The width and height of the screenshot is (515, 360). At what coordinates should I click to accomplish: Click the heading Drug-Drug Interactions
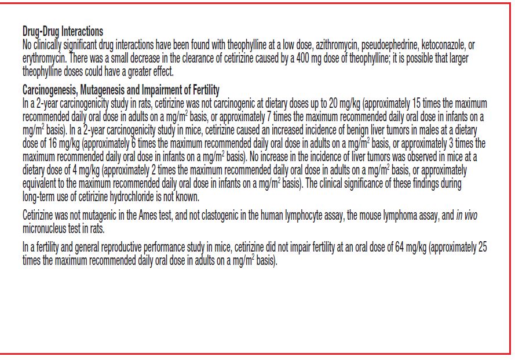(63, 32)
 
